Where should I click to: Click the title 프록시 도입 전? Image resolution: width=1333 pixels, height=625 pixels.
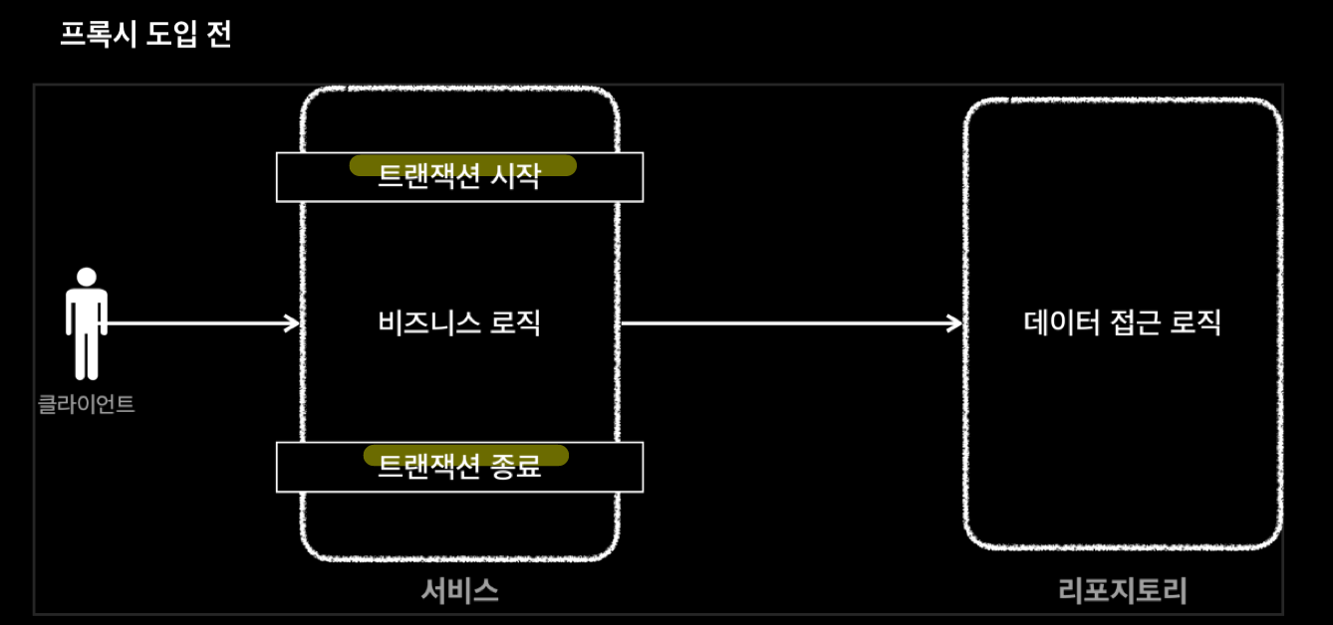click(145, 37)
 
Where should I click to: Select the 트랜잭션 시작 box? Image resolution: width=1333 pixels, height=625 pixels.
click(459, 177)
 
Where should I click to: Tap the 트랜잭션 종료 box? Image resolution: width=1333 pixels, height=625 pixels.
click(459, 467)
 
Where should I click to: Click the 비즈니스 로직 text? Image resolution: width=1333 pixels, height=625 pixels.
click(459, 322)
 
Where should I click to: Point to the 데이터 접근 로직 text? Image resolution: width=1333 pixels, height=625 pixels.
click(1123, 322)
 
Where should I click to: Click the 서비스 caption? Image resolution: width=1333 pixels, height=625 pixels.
click(459, 591)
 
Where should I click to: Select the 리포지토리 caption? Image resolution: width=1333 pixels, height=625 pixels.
click(1123, 592)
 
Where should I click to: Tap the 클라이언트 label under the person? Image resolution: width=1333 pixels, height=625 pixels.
click(87, 405)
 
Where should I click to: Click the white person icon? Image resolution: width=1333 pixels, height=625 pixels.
click(87, 328)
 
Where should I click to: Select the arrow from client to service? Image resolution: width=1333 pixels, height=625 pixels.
click(199, 322)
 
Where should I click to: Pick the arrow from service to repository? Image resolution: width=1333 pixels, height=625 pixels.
click(787, 322)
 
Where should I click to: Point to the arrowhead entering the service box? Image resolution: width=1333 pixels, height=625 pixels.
click(292, 322)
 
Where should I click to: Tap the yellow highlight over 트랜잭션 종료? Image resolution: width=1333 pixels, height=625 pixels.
click(465, 455)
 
